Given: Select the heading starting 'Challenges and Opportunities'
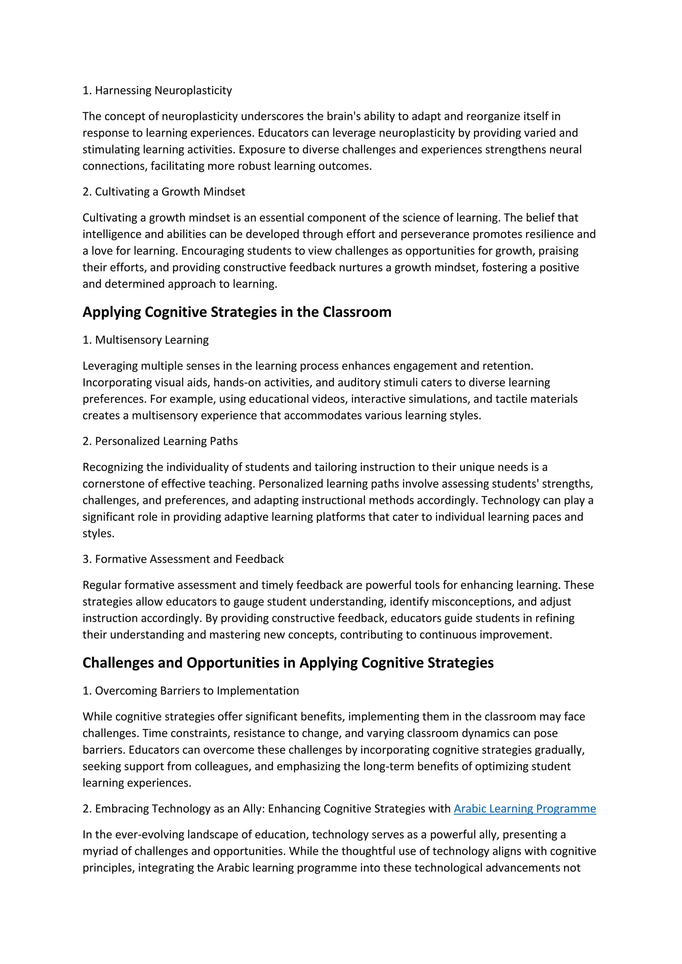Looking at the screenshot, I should (288, 662).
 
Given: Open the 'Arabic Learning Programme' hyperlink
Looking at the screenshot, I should (524, 809).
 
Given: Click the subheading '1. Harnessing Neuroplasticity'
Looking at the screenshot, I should (157, 90).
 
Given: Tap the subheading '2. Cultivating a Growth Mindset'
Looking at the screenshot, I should (164, 191).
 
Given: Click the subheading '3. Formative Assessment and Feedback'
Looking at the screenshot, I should (183, 559).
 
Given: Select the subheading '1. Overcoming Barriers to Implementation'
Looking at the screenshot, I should (191, 691).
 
